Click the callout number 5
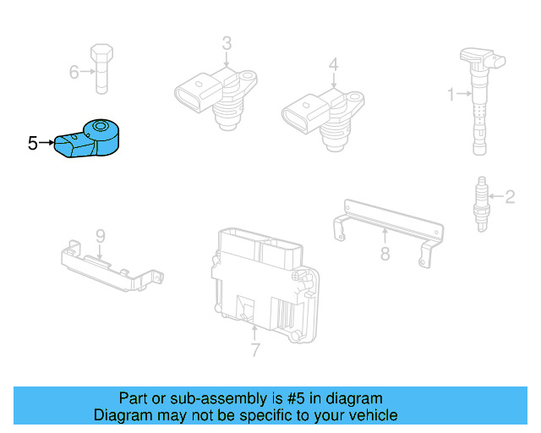32,144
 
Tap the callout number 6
74,73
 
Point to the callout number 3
227,42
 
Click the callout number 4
334,63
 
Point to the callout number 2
510,198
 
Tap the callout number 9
99,234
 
